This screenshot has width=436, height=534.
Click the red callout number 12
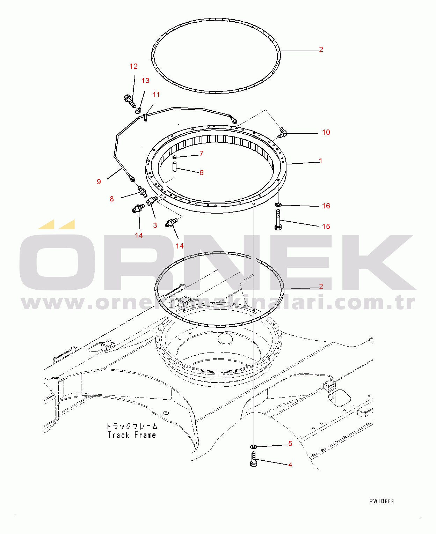(133, 66)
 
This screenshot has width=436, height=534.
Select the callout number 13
(145, 81)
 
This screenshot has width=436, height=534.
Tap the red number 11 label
(156, 95)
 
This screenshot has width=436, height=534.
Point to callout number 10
(326, 132)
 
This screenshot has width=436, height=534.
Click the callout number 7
(202, 154)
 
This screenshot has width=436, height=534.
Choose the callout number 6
(202, 173)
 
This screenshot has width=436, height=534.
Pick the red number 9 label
(99, 181)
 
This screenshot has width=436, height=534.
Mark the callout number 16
(326, 206)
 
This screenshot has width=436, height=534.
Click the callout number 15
(326, 227)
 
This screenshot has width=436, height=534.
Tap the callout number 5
(290, 443)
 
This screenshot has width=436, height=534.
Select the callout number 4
(290, 465)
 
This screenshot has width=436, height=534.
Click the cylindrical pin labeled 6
(175, 166)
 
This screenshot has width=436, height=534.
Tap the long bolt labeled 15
(278, 220)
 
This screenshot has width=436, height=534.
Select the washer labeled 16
(278, 204)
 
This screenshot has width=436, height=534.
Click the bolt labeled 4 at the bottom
(254, 459)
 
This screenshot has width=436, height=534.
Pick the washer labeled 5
(254, 446)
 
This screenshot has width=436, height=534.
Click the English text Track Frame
(132, 435)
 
